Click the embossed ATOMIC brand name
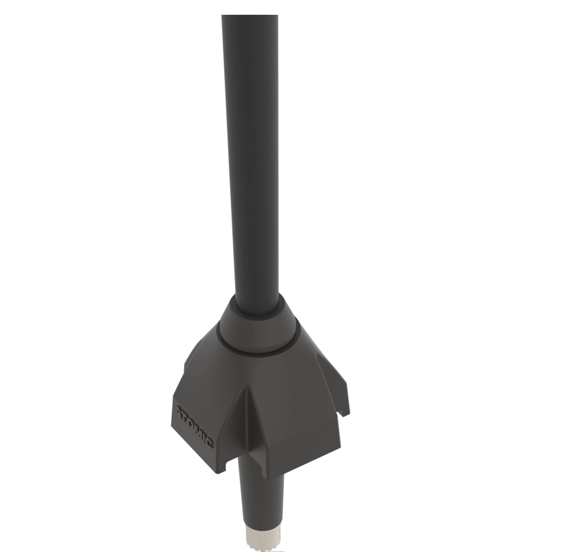pyautogui.click(x=194, y=427)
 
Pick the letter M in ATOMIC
pyautogui.click(x=197, y=431)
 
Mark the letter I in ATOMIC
pyautogui.click(x=203, y=437)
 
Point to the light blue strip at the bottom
pyautogui.click(x=272, y=551)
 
